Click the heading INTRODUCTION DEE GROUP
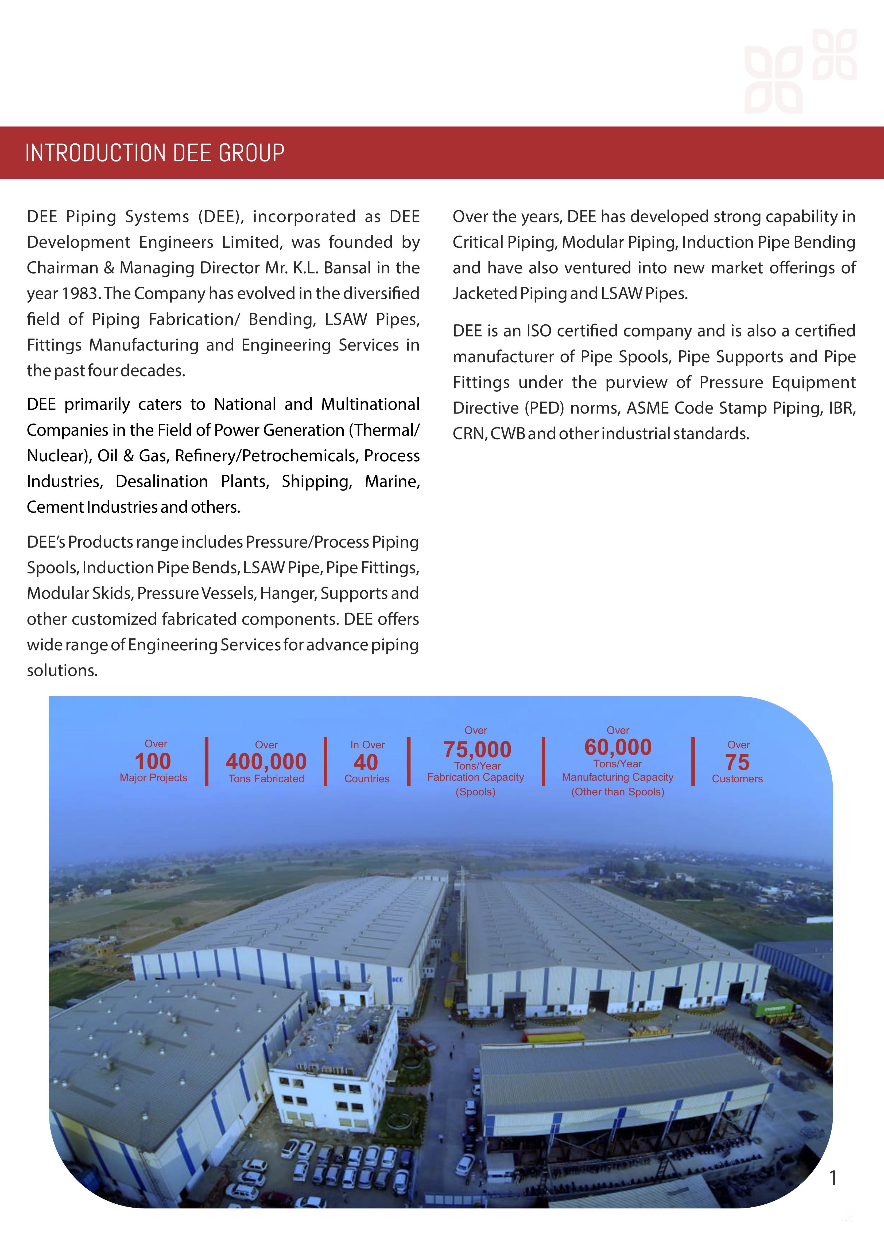154,153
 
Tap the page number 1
832,1178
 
